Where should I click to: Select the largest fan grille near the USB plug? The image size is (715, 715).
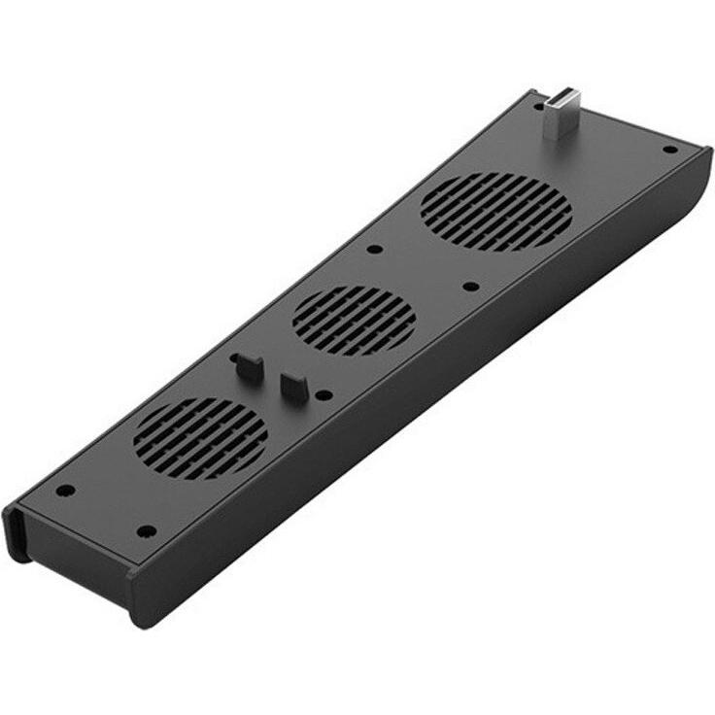point(495,212)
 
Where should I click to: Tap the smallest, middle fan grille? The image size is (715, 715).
point(354,320)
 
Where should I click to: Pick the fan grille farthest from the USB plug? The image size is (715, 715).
point(200,438)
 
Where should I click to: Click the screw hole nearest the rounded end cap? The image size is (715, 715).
point(669,150)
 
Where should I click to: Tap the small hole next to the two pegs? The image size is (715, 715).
point(323,394)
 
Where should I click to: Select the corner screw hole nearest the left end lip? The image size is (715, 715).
point(65,491)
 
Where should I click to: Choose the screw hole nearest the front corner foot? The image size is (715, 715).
point(146,530)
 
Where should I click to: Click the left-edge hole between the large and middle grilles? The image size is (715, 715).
point(373,249)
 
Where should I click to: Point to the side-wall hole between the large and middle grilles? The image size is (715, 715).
point(470,287)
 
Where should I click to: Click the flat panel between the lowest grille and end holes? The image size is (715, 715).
point(107,495)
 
